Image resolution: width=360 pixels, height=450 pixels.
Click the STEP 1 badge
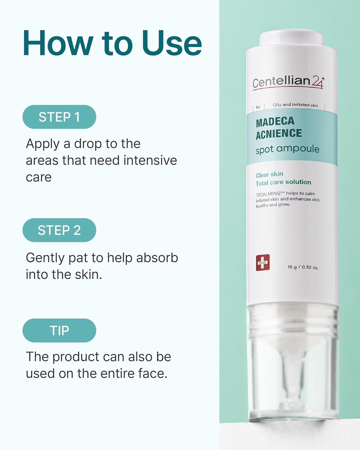59,117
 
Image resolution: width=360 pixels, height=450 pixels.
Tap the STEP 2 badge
59,230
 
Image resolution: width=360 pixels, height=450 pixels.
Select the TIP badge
59,331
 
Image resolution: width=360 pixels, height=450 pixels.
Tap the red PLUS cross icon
262,262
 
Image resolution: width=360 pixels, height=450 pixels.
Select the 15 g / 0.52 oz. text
303,267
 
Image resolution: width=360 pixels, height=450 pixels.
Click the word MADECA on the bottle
275,121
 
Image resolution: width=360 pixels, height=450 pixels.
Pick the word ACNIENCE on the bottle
279,134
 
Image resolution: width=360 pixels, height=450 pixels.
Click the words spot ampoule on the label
287,149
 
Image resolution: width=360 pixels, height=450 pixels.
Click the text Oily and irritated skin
295,105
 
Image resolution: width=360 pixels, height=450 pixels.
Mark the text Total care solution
283,182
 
